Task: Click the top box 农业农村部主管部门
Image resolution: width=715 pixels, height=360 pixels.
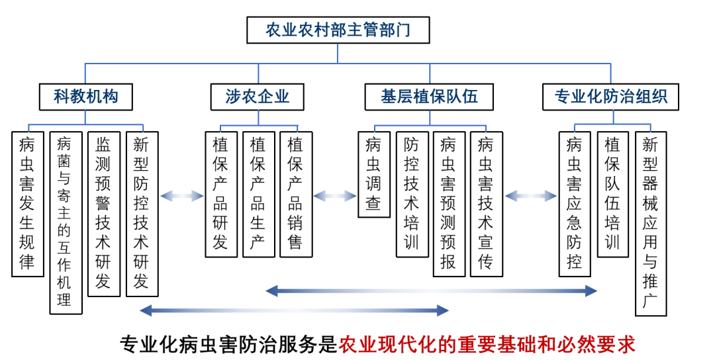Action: pos(338,30)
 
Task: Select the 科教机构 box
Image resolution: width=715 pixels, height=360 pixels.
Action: pos(86,97)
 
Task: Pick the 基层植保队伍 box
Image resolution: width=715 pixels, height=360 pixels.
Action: pos(429,97)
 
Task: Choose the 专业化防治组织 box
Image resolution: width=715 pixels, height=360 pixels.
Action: pos(611,97)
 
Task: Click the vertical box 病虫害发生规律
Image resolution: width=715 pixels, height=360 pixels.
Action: pos(28,204)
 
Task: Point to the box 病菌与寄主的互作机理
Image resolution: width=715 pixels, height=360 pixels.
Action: pos(66,222)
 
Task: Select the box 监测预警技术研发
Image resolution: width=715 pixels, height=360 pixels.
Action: pos(103,213)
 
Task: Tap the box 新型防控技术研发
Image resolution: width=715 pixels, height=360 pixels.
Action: pos(141,213)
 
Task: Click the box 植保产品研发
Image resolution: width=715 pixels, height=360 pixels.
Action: pos(220,194)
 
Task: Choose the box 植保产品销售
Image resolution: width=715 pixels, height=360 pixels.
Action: pos(295,194)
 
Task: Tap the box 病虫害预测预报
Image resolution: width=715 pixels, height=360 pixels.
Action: pos(449,204)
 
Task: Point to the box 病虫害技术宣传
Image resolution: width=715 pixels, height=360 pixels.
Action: pos(486,204)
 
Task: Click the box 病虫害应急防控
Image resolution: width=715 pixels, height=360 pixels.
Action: pos(575,204)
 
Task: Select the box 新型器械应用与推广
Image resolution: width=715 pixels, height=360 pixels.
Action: pos(650,223)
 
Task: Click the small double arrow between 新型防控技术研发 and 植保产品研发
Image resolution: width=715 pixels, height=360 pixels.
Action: pos(181,195)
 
